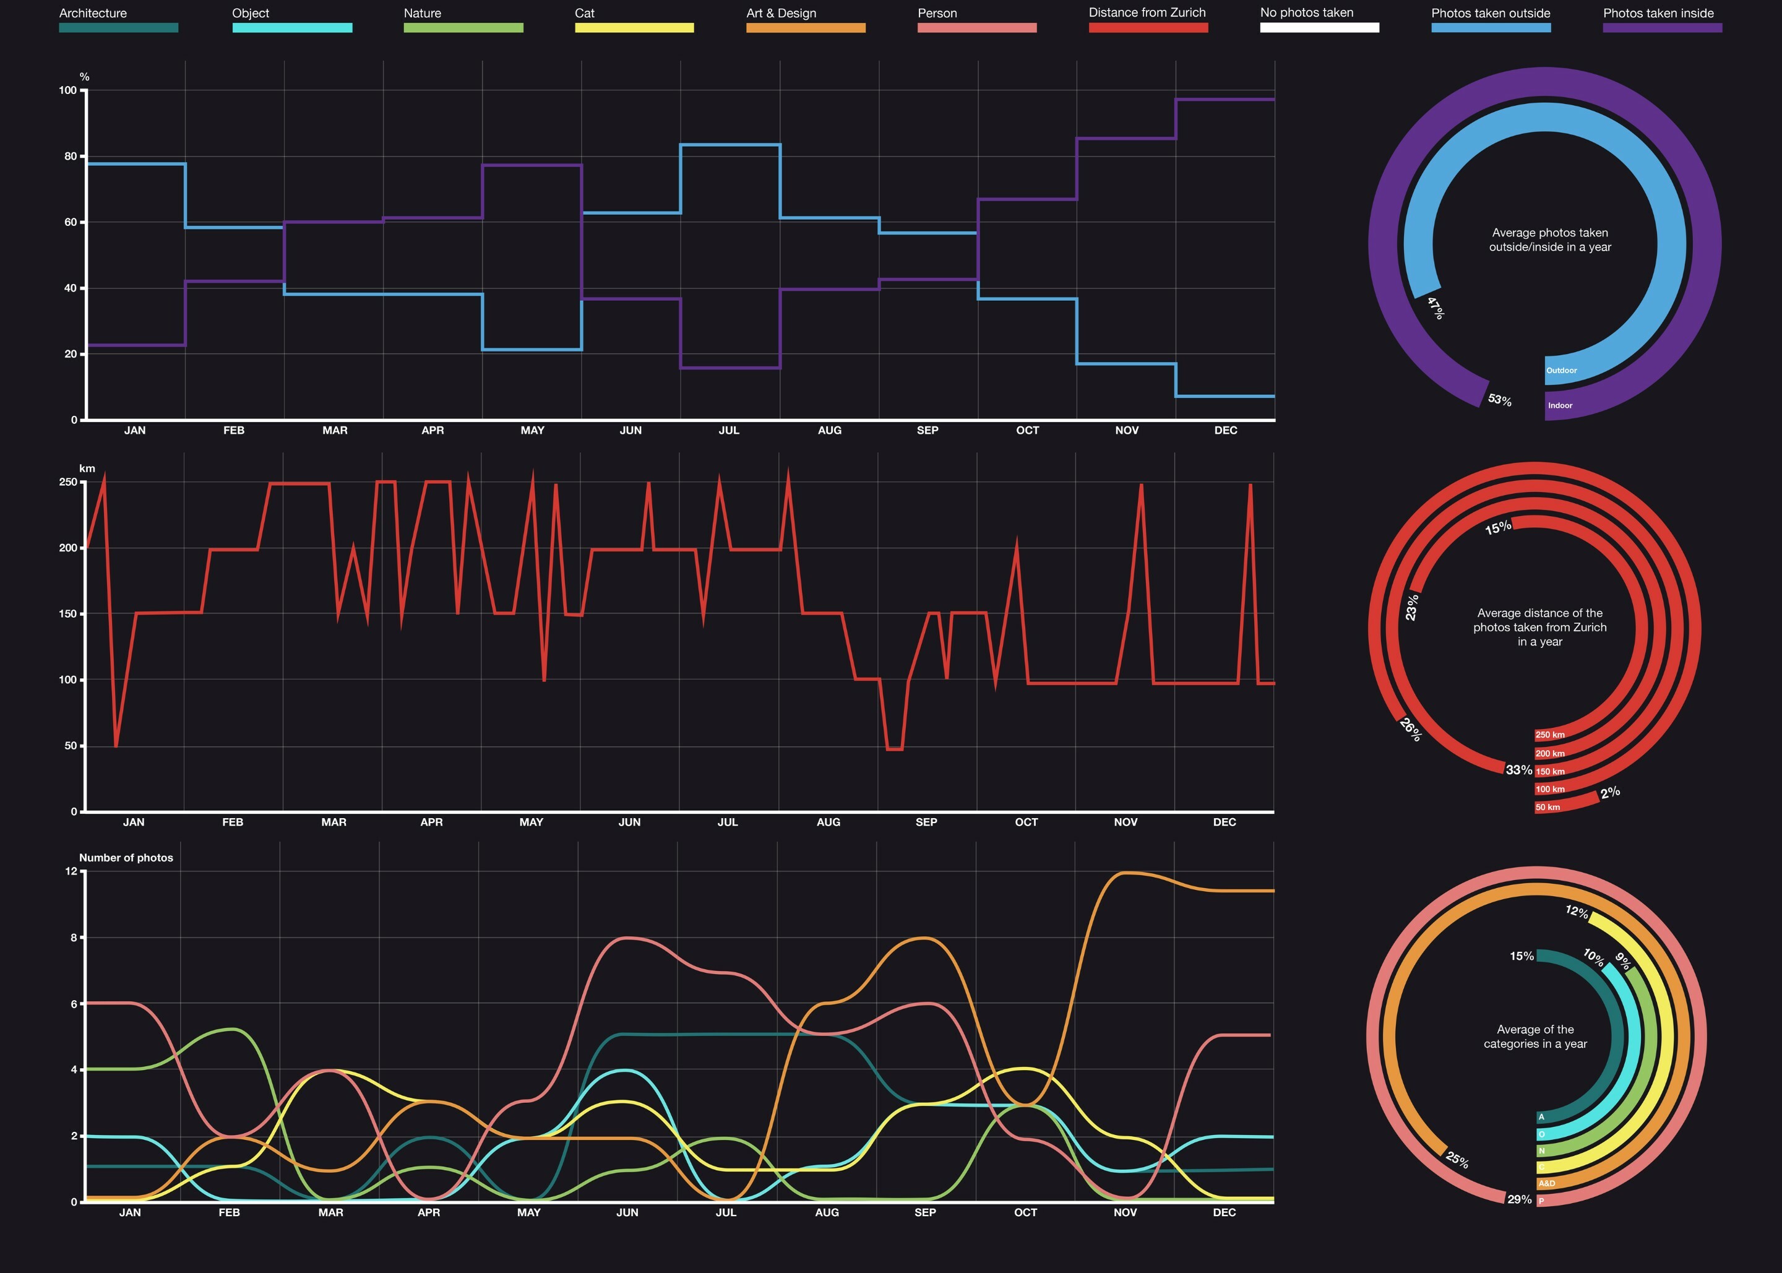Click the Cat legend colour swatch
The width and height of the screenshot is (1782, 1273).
pos(634,27)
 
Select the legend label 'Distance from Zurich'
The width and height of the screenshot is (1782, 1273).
pos(1147,12)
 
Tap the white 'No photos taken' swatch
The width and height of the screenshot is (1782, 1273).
pos(1319,27)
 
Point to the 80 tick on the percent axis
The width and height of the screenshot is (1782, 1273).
pos(71,156)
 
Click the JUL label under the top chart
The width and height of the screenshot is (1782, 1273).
pos(729,430)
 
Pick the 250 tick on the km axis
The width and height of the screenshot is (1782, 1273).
pos(68,482)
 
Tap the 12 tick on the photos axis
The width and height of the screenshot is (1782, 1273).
pos(71,871)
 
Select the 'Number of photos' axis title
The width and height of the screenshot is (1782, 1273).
pos(126,858)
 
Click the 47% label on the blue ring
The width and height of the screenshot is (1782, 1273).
pos(1435,308)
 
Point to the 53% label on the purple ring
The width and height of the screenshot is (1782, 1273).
pos(1499,400)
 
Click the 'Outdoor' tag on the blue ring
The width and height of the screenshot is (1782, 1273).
pos(1561,371)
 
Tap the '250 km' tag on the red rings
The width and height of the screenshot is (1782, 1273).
pos(1549,735)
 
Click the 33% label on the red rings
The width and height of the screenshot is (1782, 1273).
pos(1518,770)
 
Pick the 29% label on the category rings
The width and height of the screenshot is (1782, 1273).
pos(1518,1199)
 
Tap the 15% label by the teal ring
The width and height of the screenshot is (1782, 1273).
pos(1521,956)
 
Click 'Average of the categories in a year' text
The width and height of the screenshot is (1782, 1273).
pos(1534,1036)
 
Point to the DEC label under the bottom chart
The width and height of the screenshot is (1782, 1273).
pos(1224,1212)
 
